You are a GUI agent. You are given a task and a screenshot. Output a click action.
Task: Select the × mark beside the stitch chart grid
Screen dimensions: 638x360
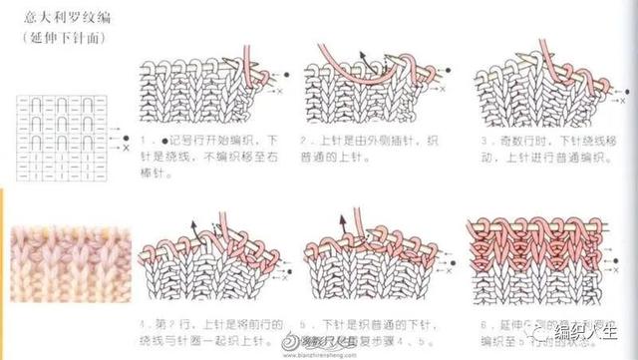(126, 147)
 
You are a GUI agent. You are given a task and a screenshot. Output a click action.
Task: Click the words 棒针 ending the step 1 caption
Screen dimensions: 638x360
(152, 173)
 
